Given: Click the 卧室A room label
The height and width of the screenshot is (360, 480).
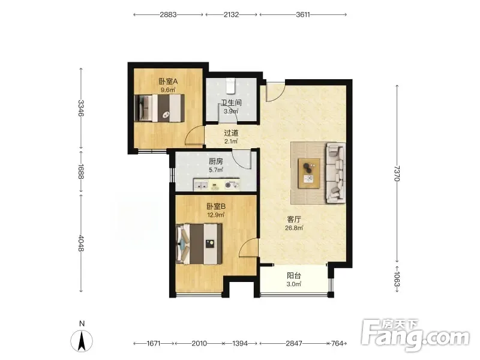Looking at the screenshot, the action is coord(168,82).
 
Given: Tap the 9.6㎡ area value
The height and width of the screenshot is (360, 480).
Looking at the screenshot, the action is coord(168,90).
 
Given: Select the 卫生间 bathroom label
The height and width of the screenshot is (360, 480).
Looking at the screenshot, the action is coord(231,103).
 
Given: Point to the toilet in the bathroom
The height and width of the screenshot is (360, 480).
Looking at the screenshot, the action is coord(230,85).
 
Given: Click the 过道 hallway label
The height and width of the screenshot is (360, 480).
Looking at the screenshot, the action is coord(231,133).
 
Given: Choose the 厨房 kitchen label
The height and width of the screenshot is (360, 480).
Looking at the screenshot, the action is coord(216,161).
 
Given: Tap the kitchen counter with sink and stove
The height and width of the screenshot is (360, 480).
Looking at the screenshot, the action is coord(217,185).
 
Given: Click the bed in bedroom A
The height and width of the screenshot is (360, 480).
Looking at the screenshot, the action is coord(160,108).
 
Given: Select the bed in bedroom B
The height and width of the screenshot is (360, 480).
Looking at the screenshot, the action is coord(199,244).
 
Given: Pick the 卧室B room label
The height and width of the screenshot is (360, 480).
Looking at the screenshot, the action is coord(216,206).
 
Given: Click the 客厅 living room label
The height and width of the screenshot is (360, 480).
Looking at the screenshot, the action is coord(294,220).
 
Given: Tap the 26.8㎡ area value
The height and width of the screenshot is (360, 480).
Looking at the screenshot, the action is coord(294,228).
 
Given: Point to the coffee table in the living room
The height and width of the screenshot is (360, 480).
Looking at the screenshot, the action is coord(309,173).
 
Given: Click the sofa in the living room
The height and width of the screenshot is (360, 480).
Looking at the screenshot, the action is coord(336,173).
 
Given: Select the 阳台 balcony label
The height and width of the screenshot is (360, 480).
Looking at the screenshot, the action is coord(294,275).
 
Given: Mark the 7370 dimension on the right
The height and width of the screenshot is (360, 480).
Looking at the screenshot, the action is coord(397,173).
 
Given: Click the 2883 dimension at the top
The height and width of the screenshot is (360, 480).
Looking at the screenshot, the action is coord(168,14).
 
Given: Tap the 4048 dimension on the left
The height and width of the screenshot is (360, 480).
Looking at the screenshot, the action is coord(81,243).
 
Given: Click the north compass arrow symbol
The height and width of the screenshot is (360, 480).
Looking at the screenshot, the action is coord(82,341).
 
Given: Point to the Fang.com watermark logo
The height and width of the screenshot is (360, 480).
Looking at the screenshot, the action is coord(415,336).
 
